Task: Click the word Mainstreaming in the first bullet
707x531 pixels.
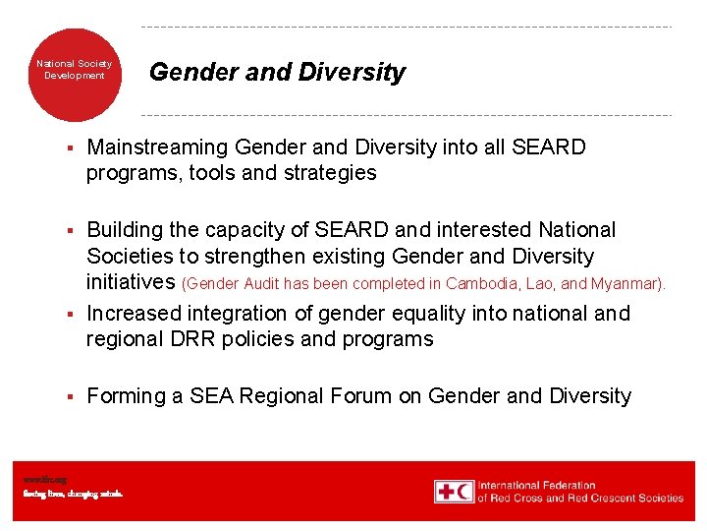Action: (157, 147)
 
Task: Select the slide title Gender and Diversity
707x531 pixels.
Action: (276, 73)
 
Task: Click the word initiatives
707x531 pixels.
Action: (132, 283)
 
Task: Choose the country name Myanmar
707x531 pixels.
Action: (629, 284)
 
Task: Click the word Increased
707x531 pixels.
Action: (135, 314)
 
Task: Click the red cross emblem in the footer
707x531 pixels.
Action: (444, 492)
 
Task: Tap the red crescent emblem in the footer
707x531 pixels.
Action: (464, 492)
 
